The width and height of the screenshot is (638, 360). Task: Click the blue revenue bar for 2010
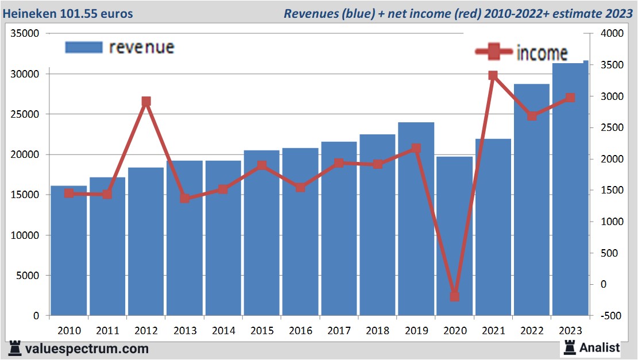[68, 253]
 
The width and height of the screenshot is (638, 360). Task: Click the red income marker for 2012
[146, 102]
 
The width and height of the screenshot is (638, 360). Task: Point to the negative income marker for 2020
[454, 296]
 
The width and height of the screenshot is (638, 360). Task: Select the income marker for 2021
[493, 75]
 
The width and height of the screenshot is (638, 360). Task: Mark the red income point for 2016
[300, 187]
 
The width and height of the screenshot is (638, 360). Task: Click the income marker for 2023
[570, 98]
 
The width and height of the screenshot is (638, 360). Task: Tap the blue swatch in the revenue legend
[84, 47]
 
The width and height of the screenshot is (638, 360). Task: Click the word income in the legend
[542, 53]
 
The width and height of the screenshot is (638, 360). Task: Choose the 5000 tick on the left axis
[28, 276]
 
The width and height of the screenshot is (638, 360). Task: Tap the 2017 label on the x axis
[339, 331]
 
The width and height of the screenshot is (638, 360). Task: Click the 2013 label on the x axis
[184, 331]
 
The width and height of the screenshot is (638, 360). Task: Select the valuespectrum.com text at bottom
[86, 348]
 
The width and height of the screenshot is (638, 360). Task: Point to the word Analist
[600, 347]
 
